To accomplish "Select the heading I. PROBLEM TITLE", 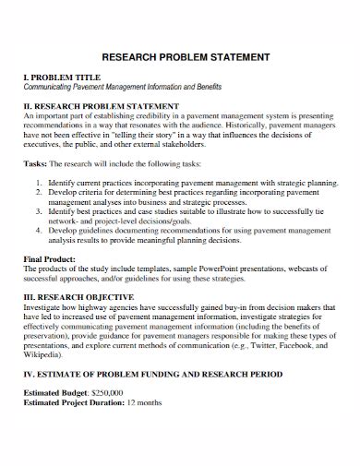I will coord(61,76).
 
